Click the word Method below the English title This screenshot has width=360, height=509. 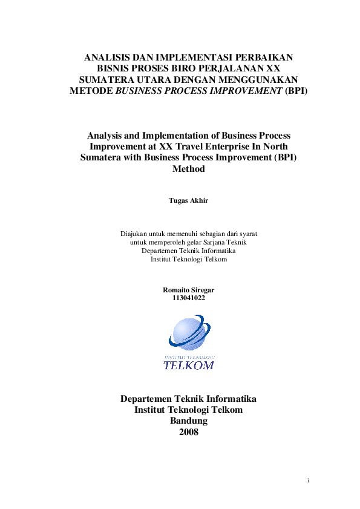189,169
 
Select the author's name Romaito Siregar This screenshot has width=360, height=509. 189,290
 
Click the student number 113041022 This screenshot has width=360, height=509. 189,298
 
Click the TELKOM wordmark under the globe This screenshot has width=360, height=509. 189,365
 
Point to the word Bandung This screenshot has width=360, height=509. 189,421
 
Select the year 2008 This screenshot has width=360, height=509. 189,432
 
